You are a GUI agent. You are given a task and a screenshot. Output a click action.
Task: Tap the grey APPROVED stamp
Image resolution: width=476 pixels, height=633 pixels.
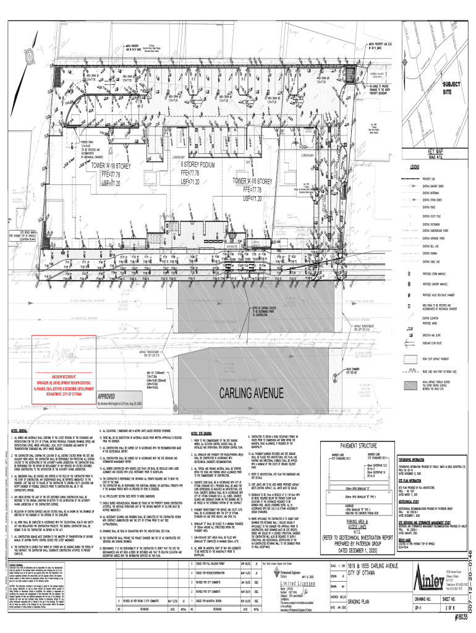click(108, 396)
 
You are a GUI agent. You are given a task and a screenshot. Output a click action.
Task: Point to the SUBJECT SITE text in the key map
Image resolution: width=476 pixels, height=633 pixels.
click(447, 87)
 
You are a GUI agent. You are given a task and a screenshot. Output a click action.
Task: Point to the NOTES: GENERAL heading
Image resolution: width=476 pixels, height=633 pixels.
click(18, 430)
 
